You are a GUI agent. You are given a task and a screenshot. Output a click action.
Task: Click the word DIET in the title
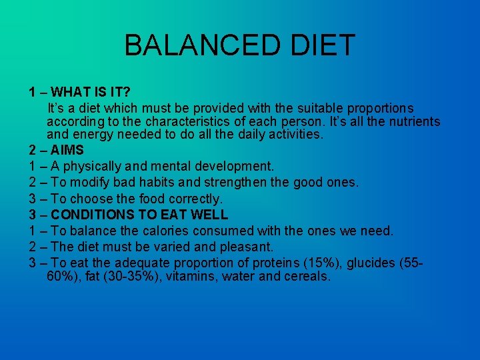(x=322, y=45)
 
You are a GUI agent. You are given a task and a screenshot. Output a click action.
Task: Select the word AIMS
(x=67, y=150)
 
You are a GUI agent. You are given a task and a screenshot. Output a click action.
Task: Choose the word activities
(x=291, y=134)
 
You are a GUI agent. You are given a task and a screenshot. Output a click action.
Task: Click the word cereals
(x=306, y=276)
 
